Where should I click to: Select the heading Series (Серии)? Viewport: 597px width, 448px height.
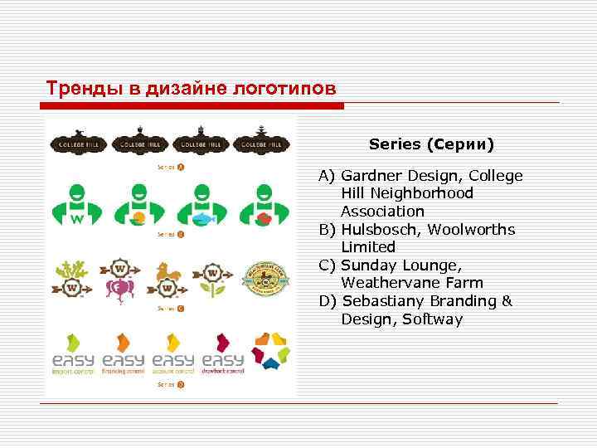431,144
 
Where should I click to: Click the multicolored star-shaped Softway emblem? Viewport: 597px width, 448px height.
272,350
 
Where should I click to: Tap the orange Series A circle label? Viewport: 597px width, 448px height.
180,166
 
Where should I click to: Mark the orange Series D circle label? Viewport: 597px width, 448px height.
180,384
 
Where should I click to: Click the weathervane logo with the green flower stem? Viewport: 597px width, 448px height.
214,280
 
